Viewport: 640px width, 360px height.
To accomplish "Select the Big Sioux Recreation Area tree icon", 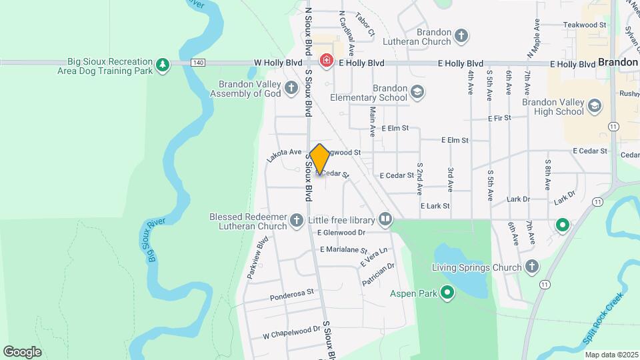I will coord(162,64).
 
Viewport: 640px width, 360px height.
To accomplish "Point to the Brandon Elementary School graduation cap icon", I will coord(417,92).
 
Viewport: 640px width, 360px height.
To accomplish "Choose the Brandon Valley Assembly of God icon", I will coord(291,88).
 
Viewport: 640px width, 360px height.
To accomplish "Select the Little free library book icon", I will coord(385,219).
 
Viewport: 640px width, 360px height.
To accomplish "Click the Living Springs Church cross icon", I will coord(531,267).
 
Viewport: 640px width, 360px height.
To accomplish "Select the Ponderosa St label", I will coord(292,295).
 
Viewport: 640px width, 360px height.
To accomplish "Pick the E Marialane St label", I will coord(343,250).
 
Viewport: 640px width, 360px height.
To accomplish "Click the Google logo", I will coord(22,351).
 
